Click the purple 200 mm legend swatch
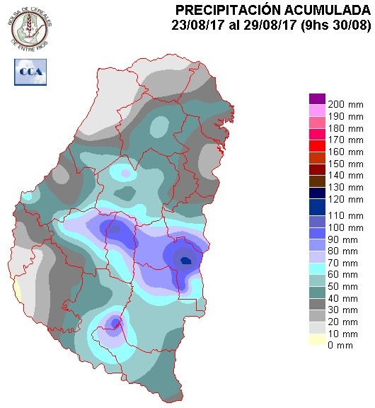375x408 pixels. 317,98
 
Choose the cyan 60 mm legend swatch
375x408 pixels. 317,268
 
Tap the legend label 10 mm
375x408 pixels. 342,334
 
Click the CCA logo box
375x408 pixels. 30,72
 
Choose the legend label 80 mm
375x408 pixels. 342,251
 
